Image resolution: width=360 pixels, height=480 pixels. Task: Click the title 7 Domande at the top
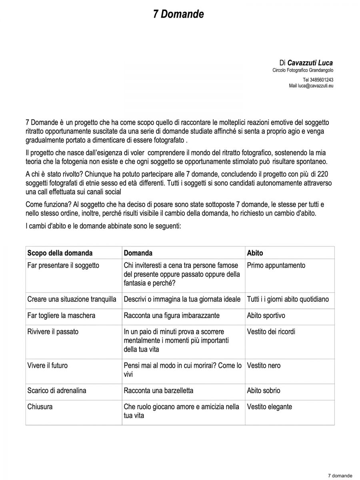(178, 14)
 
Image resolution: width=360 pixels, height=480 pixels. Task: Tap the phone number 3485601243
(322, 80)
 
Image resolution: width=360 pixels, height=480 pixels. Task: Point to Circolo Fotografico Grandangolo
(303, 70)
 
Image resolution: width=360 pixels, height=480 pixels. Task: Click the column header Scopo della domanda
(60, 253)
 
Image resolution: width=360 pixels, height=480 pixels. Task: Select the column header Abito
(255, 253)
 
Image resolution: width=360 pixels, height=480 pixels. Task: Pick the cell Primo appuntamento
(276, 265)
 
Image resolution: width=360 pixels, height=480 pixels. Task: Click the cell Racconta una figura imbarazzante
(172, 315)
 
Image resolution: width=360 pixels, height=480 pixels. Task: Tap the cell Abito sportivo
(266, 315)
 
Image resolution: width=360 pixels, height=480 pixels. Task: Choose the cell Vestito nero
(264, 365)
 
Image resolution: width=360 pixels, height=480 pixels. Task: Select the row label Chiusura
(40, 407)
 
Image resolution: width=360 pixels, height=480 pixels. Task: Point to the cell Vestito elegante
(270, 407)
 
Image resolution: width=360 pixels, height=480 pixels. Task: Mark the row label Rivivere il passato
(53, 332)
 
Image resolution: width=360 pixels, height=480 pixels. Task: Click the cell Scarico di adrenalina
(57, 390)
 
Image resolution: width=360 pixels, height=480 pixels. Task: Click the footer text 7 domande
(340, 476)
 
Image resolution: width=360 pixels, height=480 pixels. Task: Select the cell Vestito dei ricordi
(271, 332)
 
